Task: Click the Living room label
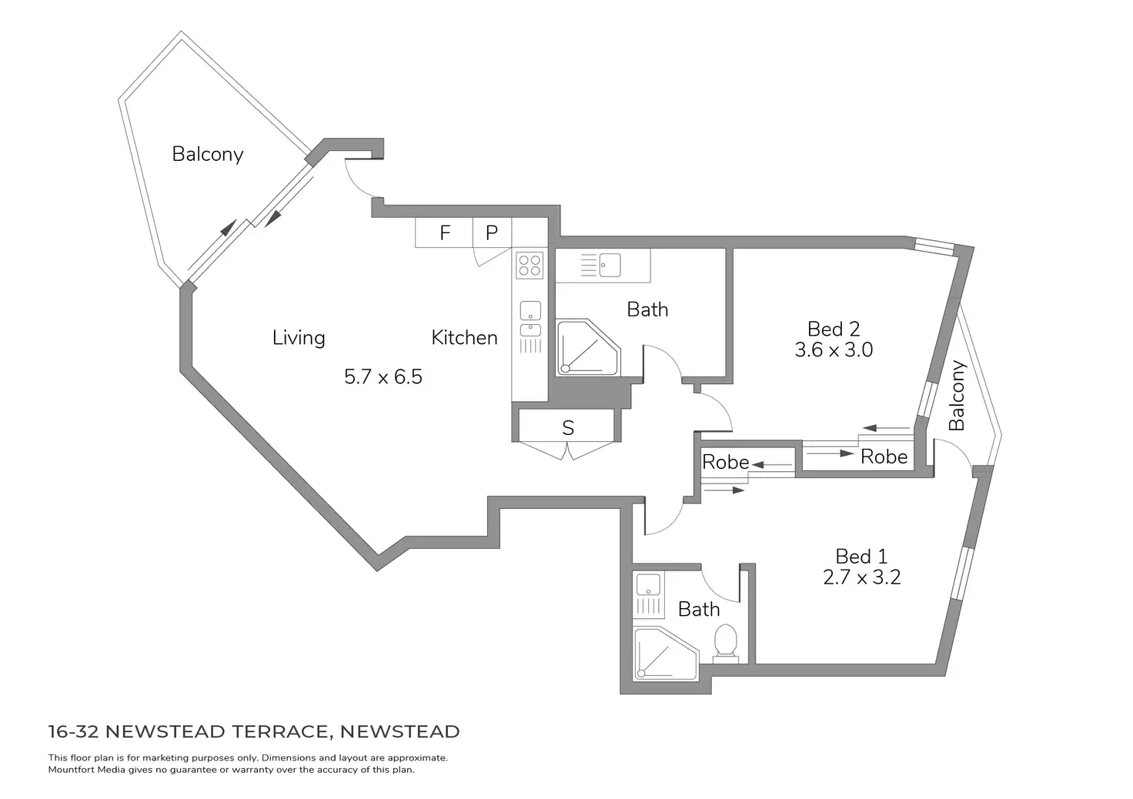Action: point(299,337)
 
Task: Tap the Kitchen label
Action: point(464,337)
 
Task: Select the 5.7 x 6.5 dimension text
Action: point(383,376)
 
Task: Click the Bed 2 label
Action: point(834,329)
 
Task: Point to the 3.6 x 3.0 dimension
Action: point(834,349)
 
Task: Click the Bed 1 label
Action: point(861,556)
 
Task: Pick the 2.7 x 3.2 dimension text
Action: point(861,577)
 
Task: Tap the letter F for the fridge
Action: point(445,232)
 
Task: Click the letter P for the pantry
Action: point(492,232)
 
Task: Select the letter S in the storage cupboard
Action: point(568,428)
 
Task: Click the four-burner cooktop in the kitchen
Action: point(530,266)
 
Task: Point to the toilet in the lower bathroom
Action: point(725,644)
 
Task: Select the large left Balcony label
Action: point(207,154)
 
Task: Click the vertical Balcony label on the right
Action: point(957,396)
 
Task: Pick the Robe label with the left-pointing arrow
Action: point(725,462)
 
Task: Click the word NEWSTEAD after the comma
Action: point(399,731)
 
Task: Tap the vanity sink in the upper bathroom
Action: point(610,265)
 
